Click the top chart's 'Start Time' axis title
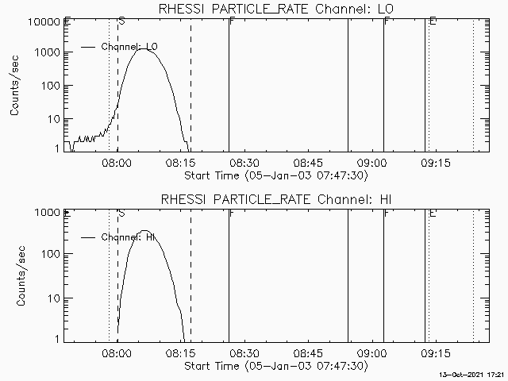pyautogui.click(x=274, y=175)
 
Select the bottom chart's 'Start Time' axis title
pyautogui.click(x=274, y=366)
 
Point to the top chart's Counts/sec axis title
pyautogui.click(x=16, y=86)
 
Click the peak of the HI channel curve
pyautogui.click(x=144, y=231)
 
